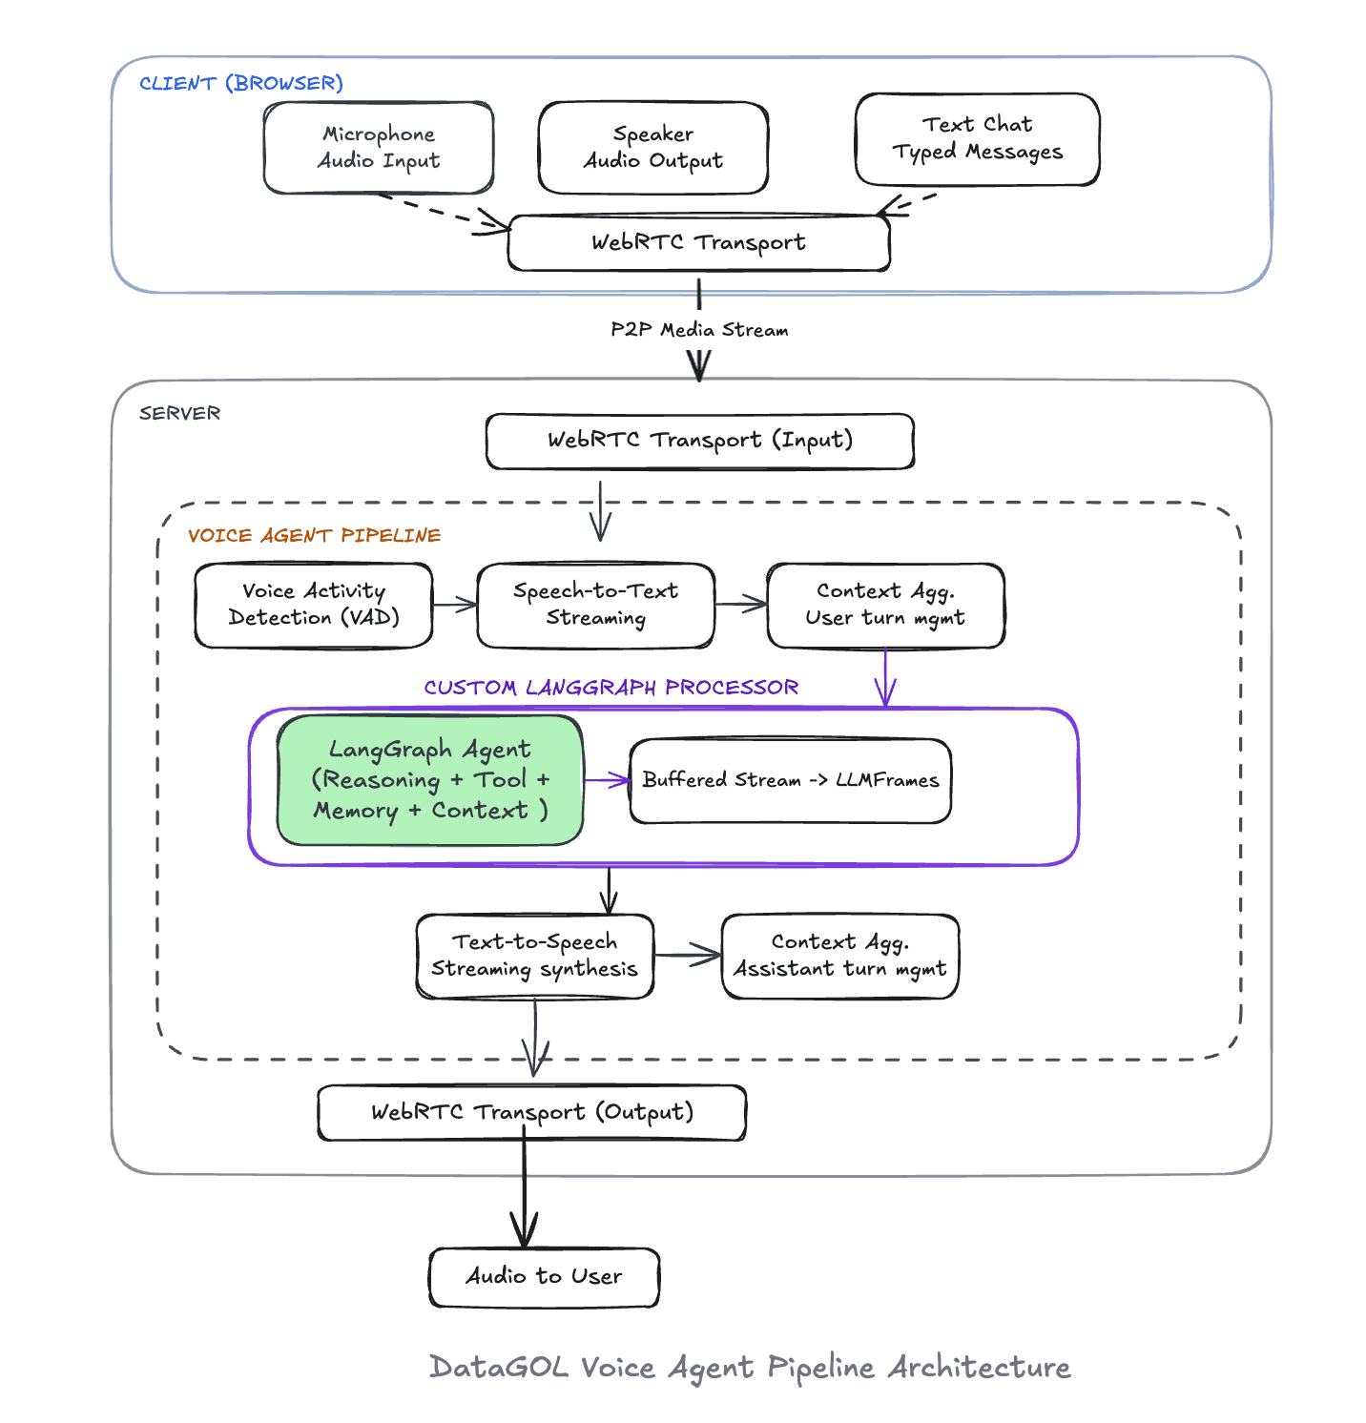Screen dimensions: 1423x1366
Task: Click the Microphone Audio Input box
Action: pos(379,148)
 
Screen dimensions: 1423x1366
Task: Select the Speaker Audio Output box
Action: pos(653,148)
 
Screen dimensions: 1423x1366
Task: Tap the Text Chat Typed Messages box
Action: pos(977,139)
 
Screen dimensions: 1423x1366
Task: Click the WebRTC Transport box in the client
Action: pos(698,243)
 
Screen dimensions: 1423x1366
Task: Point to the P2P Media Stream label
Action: pos(699,330)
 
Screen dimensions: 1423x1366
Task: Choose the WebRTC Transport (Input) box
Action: pos(699,441)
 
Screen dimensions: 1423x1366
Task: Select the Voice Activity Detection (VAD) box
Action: pos(314,606)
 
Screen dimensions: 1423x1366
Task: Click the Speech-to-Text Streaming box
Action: pos(595,606)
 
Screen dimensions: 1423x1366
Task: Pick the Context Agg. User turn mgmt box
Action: pos(885,606)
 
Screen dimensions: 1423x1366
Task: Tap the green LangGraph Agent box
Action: pos(429,780)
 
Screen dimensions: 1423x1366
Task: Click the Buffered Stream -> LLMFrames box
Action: pos(790,780)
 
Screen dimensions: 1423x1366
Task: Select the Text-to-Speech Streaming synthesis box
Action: pos(534,956)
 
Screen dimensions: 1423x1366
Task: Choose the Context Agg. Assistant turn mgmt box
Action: pos(839,956)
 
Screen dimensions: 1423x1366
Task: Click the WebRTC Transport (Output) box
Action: pos(531,1113)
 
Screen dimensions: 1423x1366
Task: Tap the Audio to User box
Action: pos(544,1277)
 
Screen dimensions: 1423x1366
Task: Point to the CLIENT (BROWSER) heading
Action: pos(240,84)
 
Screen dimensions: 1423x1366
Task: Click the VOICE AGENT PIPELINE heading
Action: pos(314,536)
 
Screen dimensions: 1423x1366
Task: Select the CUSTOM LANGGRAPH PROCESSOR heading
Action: pos(611,688)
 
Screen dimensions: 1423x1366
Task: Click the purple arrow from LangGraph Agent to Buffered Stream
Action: pos(607,781)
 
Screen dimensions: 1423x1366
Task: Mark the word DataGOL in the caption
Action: pos(499,1368)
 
